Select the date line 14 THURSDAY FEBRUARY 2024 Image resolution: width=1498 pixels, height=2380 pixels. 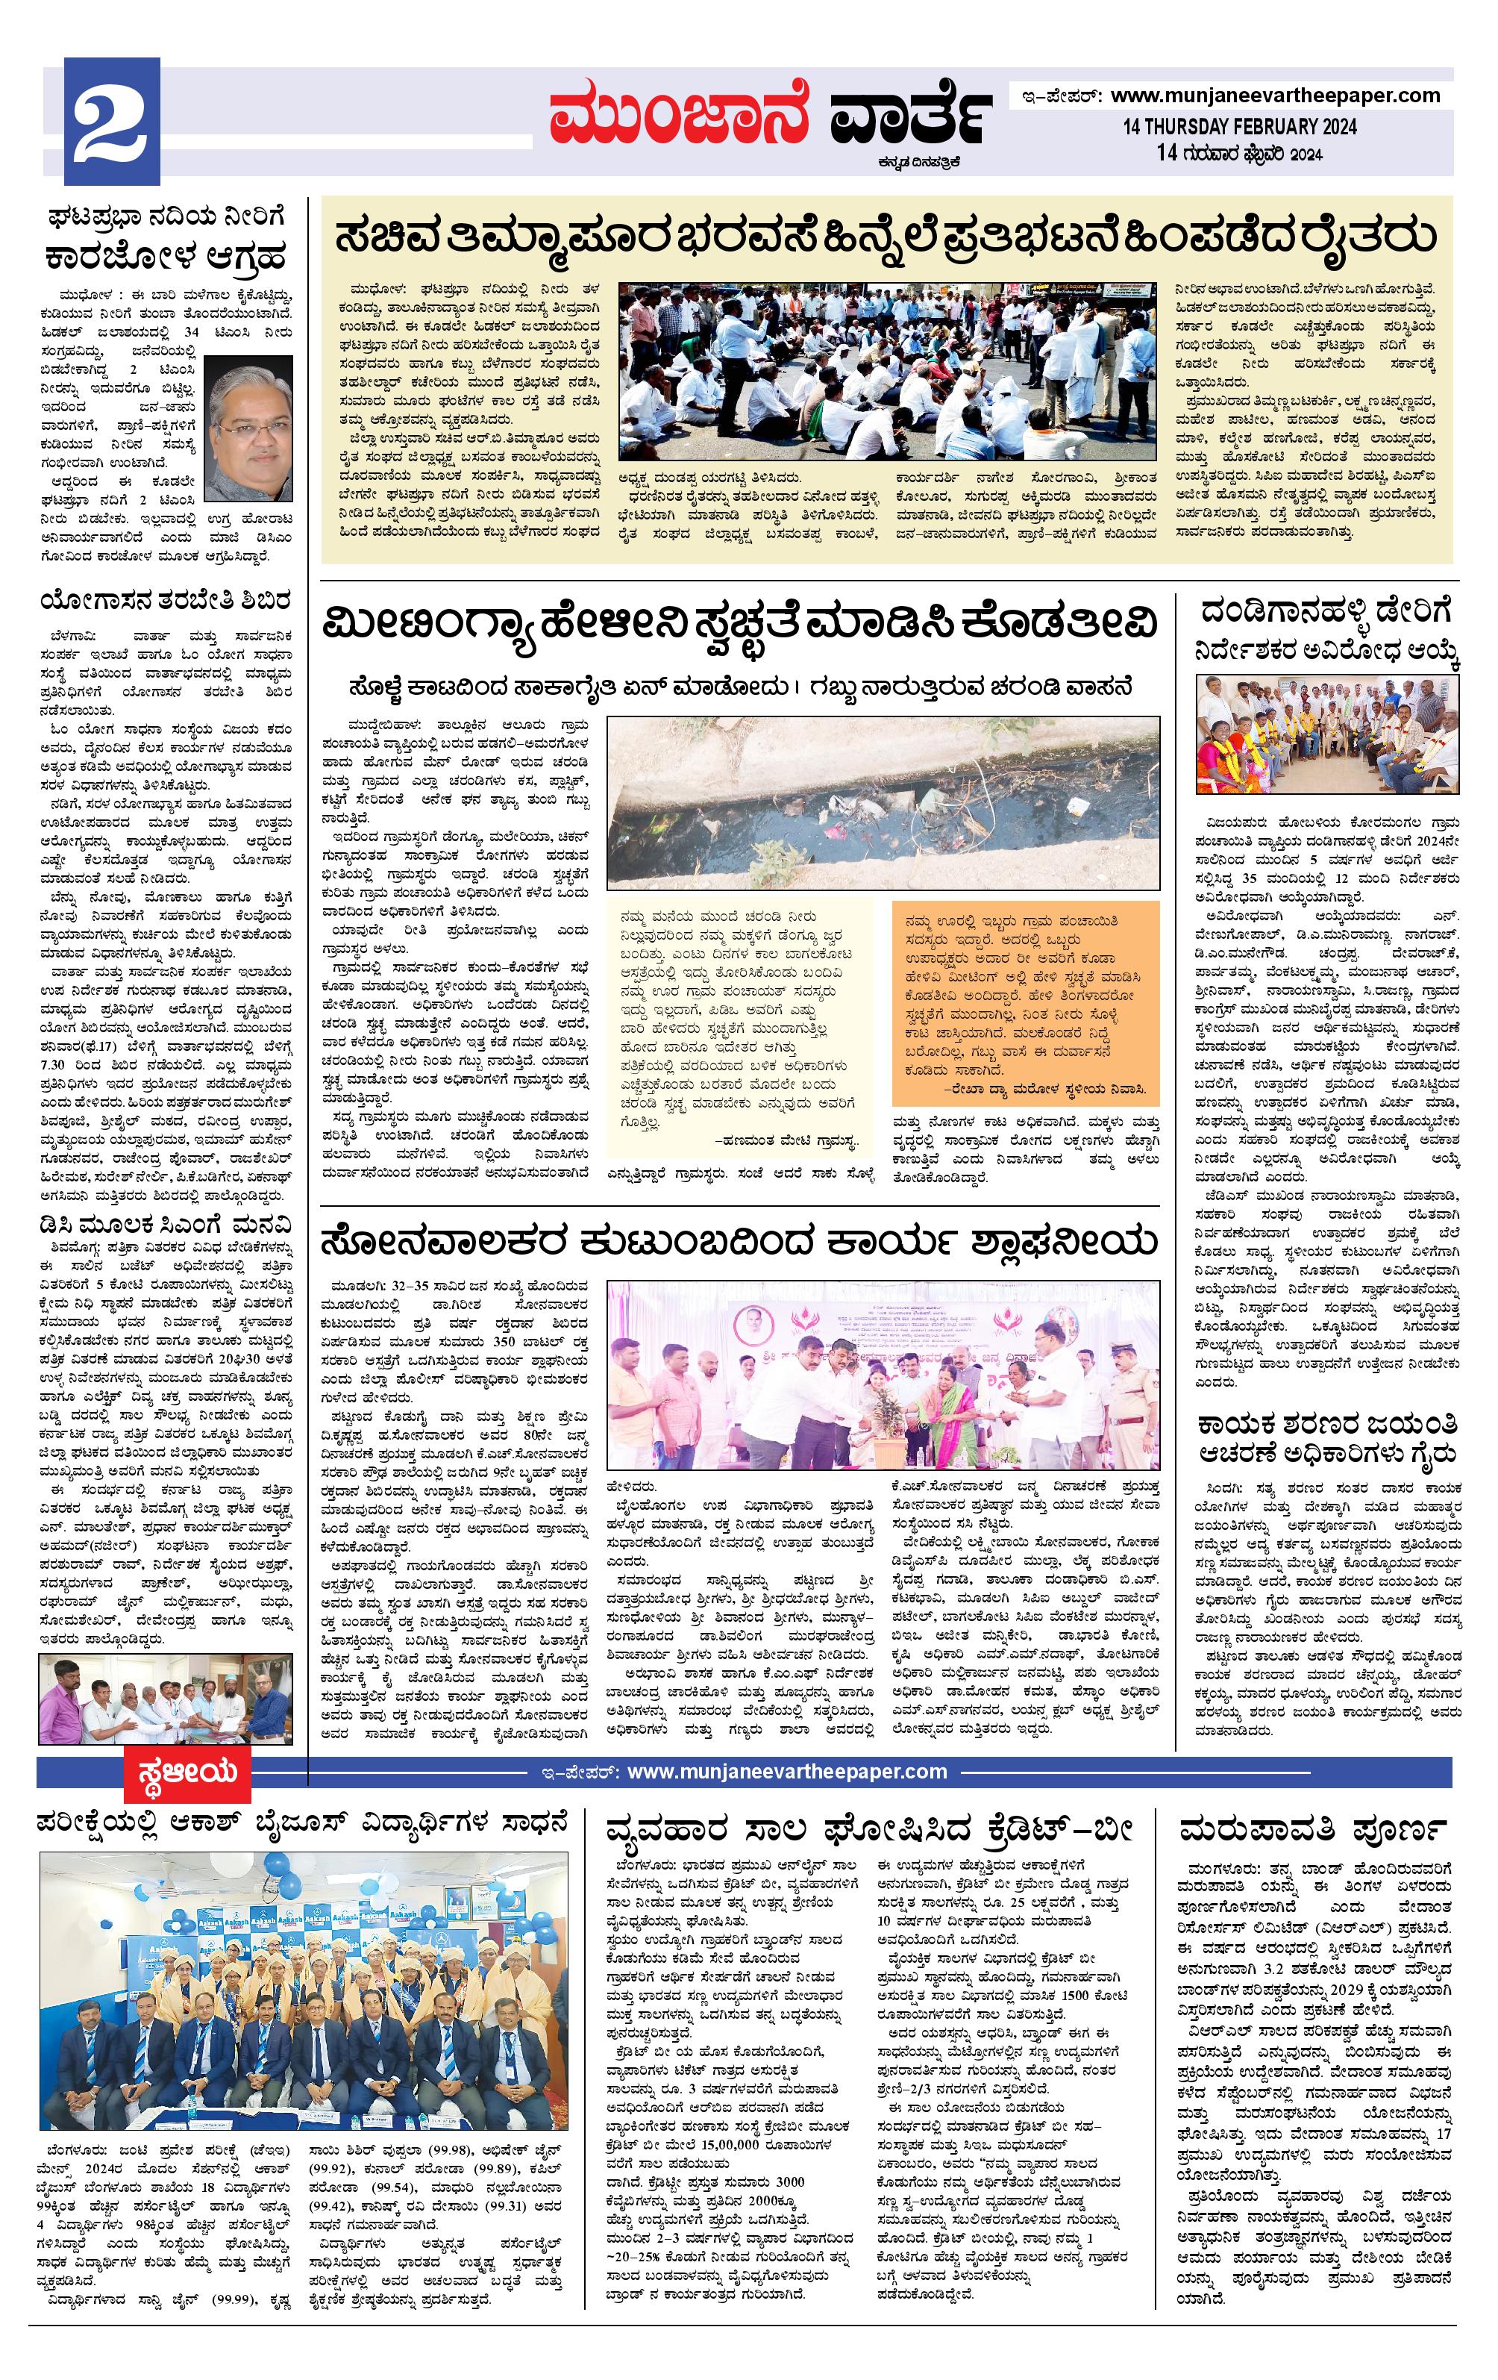(1239, 128)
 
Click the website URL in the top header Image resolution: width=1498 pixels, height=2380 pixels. (1275, 96)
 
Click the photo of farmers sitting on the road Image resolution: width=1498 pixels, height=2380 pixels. (886, 372)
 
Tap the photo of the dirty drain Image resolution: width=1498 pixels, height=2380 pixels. (883, 804)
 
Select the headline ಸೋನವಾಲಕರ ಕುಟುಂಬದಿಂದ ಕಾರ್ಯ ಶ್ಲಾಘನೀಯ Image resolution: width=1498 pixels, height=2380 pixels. (738, 1240)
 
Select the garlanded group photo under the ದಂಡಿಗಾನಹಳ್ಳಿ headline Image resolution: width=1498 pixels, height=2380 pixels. (1327, 734)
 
